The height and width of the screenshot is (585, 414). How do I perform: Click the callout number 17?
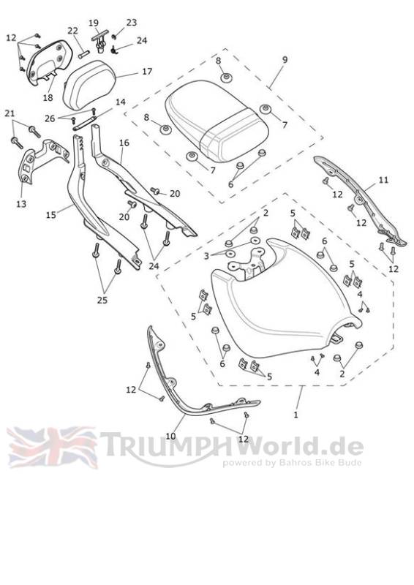pos(147,71)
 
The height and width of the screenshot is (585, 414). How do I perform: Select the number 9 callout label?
pos(285,60)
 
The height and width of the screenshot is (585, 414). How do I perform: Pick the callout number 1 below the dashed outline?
pos(296,415)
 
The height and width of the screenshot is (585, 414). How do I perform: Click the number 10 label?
pos(170,436)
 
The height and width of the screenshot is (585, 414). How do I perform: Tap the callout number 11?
pos(383,180)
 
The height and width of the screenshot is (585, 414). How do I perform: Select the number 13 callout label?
pos(21,204)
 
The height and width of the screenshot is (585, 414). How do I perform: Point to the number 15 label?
pos(50,215)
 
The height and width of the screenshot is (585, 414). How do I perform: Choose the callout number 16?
pos(124,143)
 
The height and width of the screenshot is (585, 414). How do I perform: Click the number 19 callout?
pos(94,23)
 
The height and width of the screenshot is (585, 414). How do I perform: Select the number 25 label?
pos(102,300)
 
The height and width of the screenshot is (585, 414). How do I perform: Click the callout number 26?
pos(50,118)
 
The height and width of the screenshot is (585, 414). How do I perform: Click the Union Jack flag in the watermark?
pos(52,448)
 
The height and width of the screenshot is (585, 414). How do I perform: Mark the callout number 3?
pos(206,257)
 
